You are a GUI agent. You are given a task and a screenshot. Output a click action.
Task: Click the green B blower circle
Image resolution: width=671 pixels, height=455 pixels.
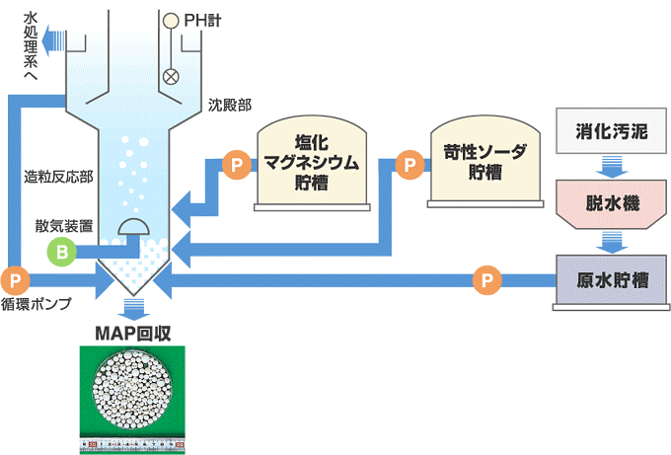pos(62,252)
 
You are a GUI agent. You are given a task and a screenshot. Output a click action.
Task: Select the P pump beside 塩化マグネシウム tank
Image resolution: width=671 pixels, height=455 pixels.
pos(235,164)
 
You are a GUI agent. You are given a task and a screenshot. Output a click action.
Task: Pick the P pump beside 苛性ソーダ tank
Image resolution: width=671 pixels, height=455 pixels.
pos(407,164)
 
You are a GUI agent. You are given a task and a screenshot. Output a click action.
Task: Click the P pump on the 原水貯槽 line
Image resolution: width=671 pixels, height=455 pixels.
pos(485,279)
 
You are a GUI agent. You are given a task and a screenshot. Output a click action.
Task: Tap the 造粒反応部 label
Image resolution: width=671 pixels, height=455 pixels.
pos(59,178)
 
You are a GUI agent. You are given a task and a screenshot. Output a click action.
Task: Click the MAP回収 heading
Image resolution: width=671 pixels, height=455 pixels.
pos(133,333)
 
